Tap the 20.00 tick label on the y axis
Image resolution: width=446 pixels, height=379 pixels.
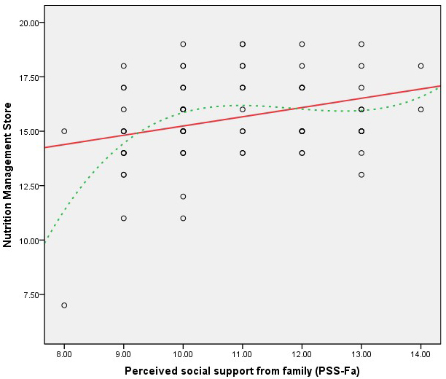[29, 23]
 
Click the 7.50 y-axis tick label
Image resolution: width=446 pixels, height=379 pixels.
[31, 294]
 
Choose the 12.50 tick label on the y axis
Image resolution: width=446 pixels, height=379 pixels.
[29, 186]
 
